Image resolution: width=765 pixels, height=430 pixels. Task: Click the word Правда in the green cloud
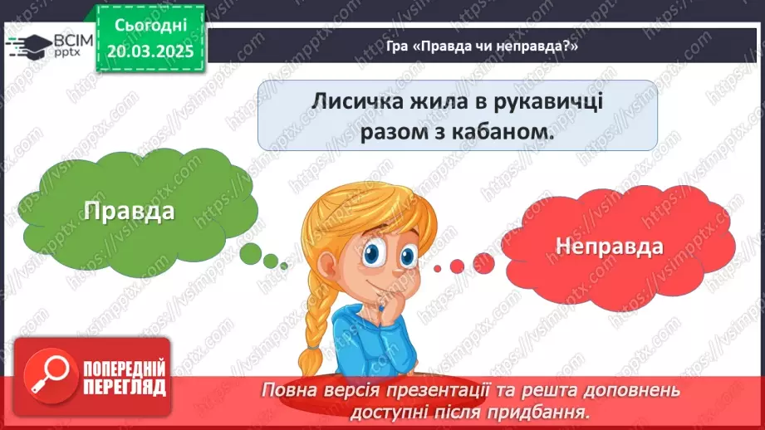click(129, 211)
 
